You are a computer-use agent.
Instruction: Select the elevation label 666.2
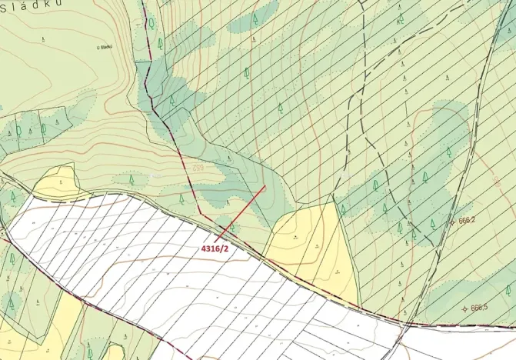[x=468, y=220]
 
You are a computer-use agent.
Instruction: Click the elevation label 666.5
[x=479, y=308]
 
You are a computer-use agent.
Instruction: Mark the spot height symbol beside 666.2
[x=454, y=220]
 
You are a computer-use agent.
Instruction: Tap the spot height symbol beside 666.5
[x=464, y=308]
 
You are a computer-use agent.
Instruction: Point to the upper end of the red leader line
[x=265, y=185]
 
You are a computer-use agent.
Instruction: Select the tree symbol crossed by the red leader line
[x=228, y=229]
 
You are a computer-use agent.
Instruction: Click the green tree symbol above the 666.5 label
[x=508, y=290]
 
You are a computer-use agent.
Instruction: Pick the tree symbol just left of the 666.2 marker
[x=433, y=222]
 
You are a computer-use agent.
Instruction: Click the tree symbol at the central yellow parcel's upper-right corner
[x=342, y=209]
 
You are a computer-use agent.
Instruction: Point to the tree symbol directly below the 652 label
[x=181, y=198]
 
